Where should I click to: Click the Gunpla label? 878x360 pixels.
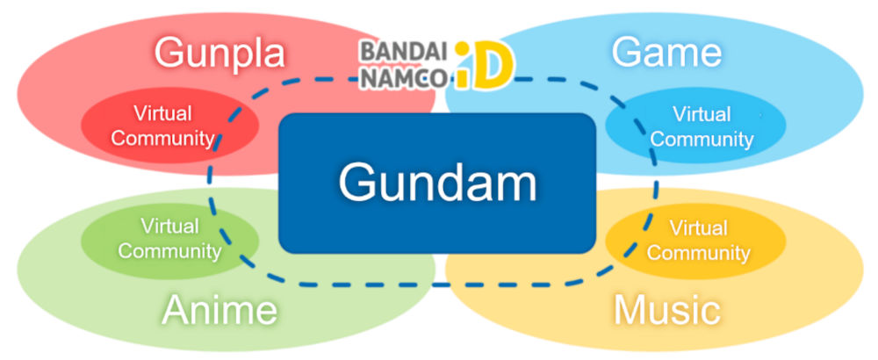tap(219, 54)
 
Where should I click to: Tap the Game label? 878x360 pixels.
tap(666, 53)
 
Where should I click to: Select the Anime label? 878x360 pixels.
tap(219, 310)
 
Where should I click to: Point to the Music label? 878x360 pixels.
tap(667, 310)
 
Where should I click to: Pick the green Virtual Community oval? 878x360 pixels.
tap(169, 239)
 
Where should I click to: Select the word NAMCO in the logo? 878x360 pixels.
tap(402, 76)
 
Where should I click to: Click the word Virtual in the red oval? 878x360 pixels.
tap(162, 113)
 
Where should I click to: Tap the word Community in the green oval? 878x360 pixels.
tap(169, 251)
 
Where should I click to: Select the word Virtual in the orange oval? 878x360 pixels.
tap(699, 228)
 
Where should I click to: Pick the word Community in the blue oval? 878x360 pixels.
tap(702, 139)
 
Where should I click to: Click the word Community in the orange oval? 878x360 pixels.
tap(699, 254)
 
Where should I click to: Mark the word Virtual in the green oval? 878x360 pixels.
tap(169, 227)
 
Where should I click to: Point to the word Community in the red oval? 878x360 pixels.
tap(162, 138)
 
